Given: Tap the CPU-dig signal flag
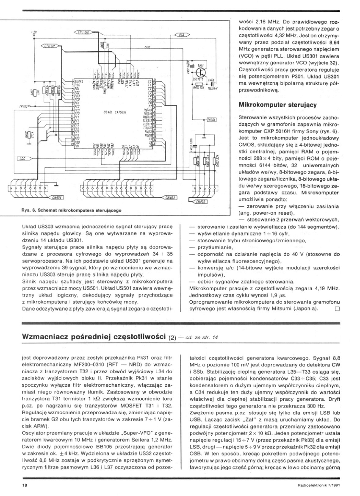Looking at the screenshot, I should tap(81, 32).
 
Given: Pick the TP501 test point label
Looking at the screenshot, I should tap(211, 120).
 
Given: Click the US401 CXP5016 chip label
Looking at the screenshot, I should tap(113, 113).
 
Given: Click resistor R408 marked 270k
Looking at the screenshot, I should tap(26, 136).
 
